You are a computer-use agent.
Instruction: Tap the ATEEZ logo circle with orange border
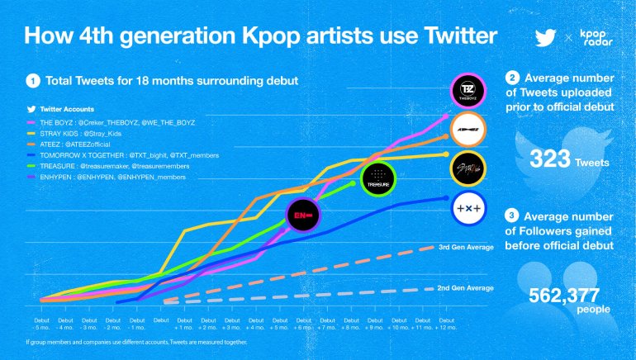(468, 130)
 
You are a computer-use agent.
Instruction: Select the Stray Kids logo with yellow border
(468, 169)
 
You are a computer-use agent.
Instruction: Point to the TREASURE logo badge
(378, 177)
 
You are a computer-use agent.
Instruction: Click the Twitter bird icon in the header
(545, 38)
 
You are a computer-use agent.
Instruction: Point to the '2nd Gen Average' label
(465, 287)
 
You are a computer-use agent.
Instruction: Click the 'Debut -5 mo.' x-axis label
(40, 324)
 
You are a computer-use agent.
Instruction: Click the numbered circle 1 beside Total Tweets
(32, 81)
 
